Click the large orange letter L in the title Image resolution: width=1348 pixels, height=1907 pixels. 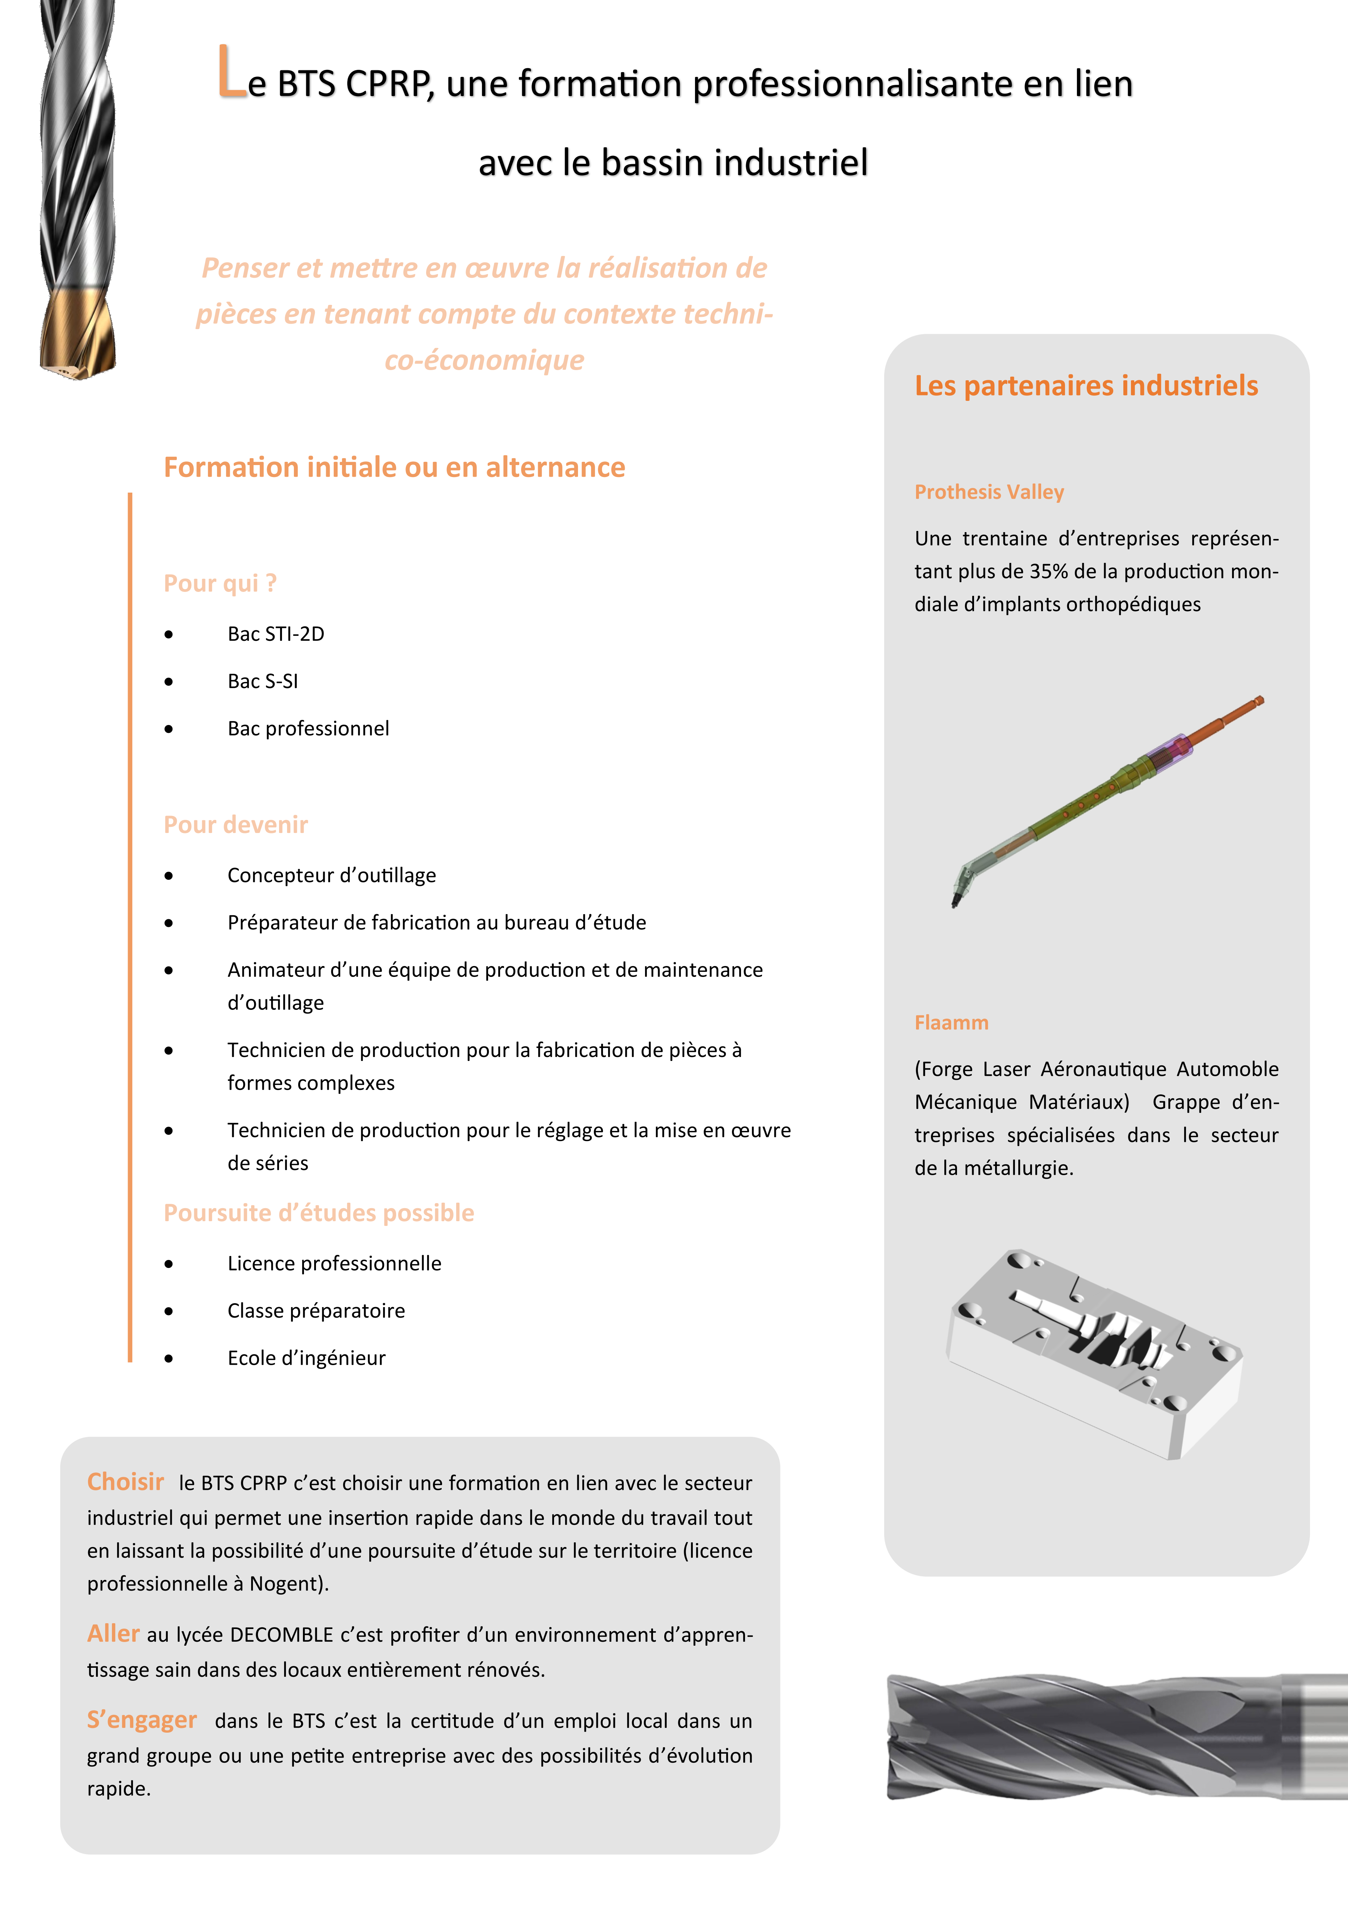click(x=232, y=73)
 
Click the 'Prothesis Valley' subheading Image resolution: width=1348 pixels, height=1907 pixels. click(x=989, y=492)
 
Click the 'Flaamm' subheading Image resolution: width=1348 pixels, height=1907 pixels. click(x=951, y=1023)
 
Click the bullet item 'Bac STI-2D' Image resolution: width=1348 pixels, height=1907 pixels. click(x=276, y=634)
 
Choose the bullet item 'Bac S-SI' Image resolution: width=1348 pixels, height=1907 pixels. click(x=262, y=681)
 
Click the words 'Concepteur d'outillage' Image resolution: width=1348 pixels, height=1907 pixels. click(x=332, y=875)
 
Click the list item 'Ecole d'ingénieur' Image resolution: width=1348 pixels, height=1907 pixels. click(x=307, y=1358)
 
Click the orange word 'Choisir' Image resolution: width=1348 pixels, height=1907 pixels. click(x=125, y=1482)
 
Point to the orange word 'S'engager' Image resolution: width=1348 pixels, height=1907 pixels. click(x=142, y=1719)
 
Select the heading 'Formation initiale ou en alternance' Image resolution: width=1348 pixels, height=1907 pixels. click(x=394, y=468)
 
